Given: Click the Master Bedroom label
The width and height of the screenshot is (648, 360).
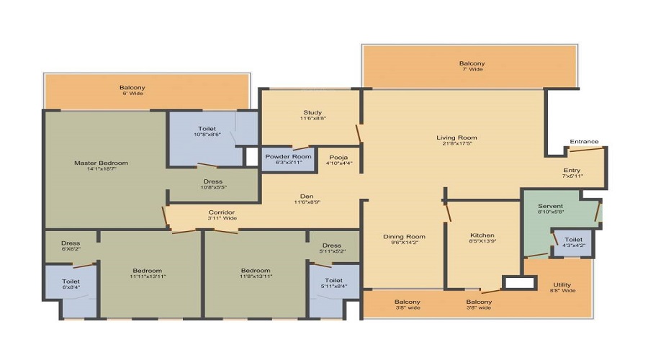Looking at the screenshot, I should pos(101,163).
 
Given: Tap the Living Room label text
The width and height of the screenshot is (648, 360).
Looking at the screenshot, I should pos(456,138).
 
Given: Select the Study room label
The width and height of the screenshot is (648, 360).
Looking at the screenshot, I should pos(312,112).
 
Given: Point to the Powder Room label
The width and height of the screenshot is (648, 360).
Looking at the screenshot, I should pos(288,157).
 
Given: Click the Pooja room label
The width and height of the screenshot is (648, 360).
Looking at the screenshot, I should pos(338,157).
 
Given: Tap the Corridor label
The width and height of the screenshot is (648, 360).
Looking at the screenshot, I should pos(222,212).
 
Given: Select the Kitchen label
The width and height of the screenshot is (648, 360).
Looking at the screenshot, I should pos(482,236).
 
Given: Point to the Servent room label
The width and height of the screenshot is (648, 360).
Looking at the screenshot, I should pos(550,207).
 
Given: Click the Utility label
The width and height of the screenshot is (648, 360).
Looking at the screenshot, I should pos(562,284).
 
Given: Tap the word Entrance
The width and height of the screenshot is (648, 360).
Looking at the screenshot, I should pos(584,141).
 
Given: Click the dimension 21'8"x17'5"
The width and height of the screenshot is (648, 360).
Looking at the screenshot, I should pos(456,144).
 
